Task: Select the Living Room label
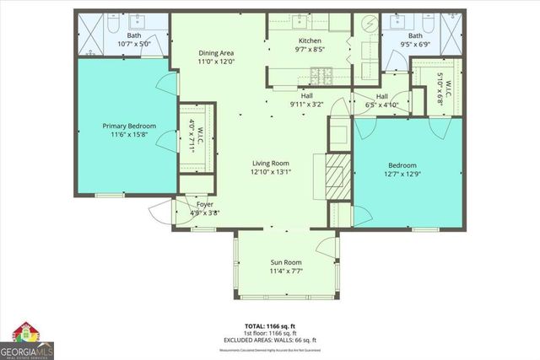tap(270, 163)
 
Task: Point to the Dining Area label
tap(216, 52)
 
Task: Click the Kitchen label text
tap(310, 40)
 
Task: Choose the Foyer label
tap(205, 205)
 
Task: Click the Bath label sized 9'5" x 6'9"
tap(415, 35)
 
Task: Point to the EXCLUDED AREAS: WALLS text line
tap(270, 339)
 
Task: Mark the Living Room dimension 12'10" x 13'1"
tap(270, 172)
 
